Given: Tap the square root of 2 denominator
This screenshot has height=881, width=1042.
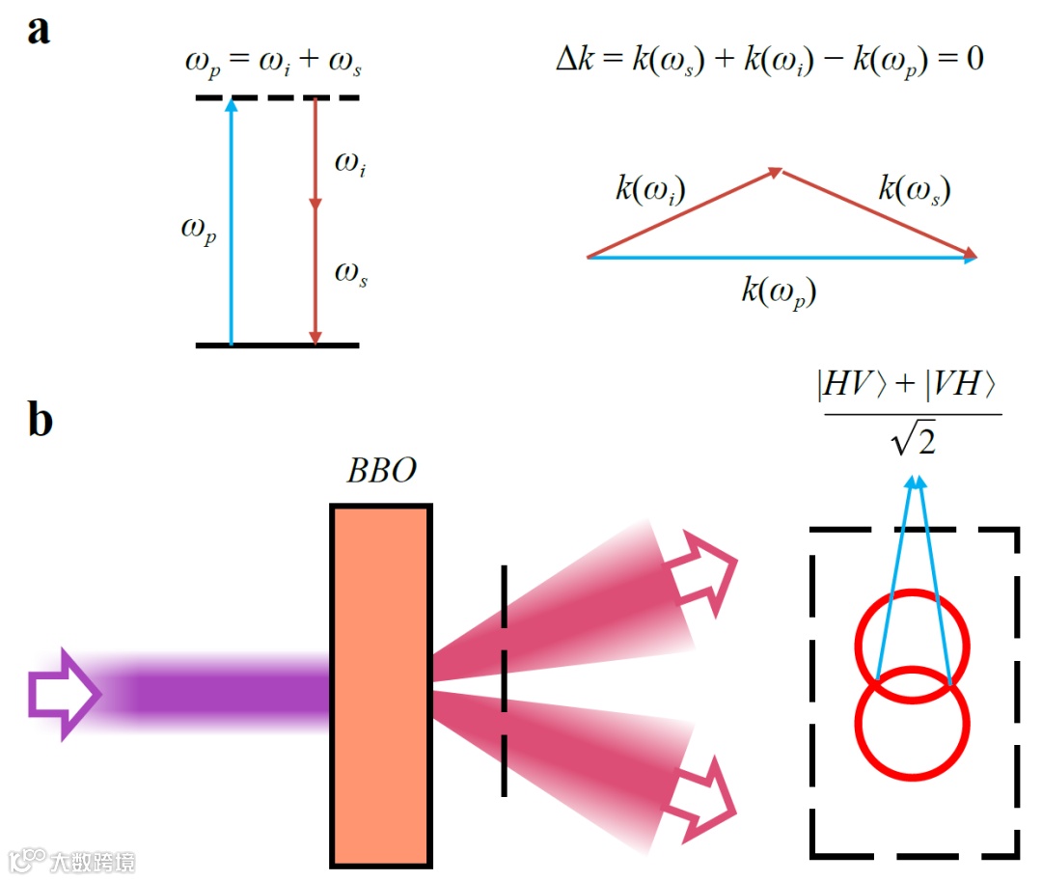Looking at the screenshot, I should click(912, 442).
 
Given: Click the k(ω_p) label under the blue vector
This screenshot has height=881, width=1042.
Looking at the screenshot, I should click(779, 291).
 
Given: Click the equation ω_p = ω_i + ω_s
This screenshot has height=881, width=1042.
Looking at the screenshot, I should click(274, 66).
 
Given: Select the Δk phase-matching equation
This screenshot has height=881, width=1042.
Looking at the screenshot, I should click(769, 60).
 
